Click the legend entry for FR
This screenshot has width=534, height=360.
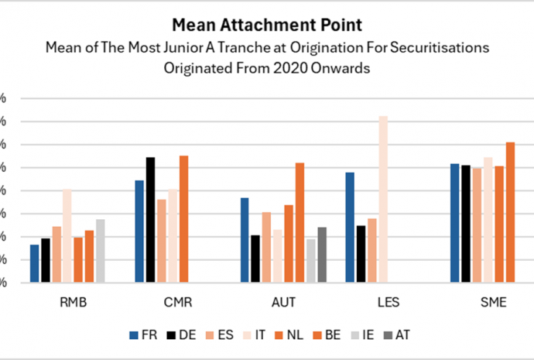145,335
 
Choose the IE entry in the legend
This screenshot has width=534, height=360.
366,335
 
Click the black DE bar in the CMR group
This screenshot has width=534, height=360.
150,220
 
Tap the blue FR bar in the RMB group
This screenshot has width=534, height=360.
34,263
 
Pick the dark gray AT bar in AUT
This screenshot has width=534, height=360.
322,255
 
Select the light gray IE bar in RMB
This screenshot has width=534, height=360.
101,251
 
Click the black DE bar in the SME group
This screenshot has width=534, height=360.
466,224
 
